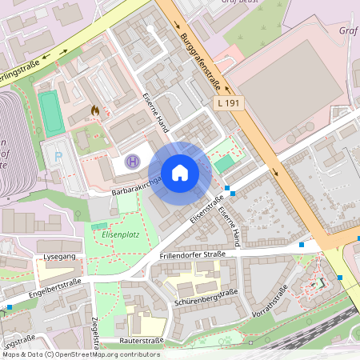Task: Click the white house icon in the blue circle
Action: [179, 172]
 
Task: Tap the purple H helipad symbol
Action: [134, 162]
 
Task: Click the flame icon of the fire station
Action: [95, 110]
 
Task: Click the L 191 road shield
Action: [228, 104]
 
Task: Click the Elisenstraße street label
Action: [206, 210]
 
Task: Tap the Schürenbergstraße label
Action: [206, 299]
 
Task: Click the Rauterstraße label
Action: [141, 340]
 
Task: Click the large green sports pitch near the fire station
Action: [50, 114]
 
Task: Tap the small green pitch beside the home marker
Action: [225, 163]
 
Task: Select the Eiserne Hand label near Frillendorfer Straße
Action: [232, 226]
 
